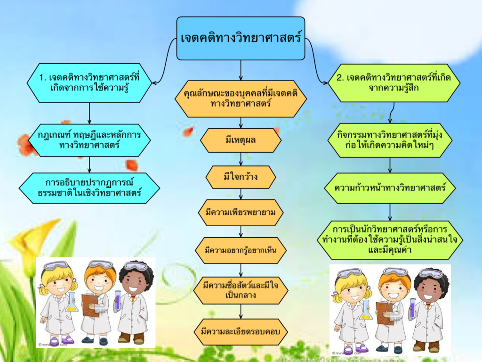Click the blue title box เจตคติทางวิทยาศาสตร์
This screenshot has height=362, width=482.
click(241, 38)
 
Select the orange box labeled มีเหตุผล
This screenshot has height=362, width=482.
click(241, 140)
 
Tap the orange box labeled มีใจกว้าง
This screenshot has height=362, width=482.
click(241, 177)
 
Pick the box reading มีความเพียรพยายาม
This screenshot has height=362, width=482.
click(241, 213)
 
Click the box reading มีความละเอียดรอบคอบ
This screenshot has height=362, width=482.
click(241, 331)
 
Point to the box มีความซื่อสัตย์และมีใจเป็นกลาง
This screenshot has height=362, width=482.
click(241, 290)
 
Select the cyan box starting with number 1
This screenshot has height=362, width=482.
click(89, 82)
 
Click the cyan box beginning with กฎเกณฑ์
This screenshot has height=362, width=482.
click(89, 140)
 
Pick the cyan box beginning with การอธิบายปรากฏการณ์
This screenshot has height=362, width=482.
click(89, 188)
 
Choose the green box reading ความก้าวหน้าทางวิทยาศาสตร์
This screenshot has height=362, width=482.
click(390, 189)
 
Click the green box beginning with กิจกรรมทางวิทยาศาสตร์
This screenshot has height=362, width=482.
click(390, 140)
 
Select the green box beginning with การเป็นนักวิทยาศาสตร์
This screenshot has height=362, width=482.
click(390, 240)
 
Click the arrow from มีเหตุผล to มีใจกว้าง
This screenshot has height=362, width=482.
click(241, 159)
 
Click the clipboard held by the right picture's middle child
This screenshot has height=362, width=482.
click(385, 312)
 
